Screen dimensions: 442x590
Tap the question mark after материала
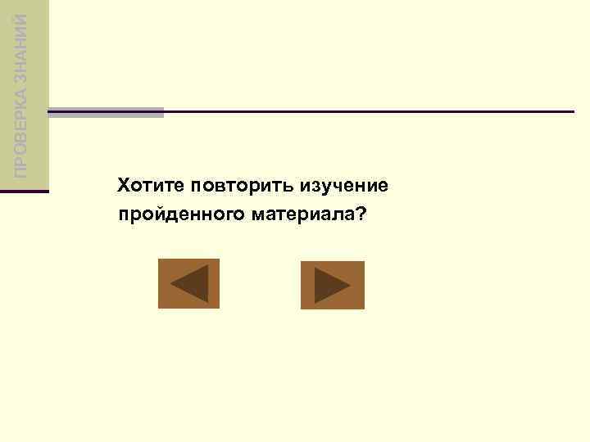tap(361, 214)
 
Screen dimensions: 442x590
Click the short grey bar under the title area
tap(107, 112)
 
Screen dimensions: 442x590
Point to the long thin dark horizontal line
tap(369, 111)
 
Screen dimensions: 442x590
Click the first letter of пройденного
tap(123, 216)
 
